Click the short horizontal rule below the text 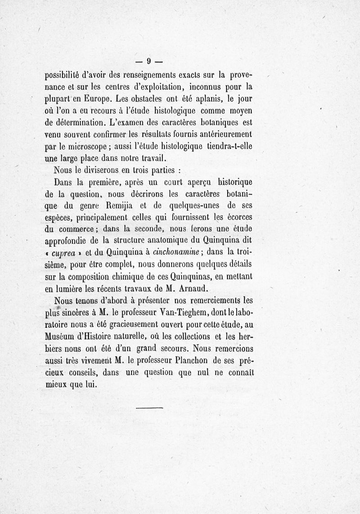click(x=148, y=408)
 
